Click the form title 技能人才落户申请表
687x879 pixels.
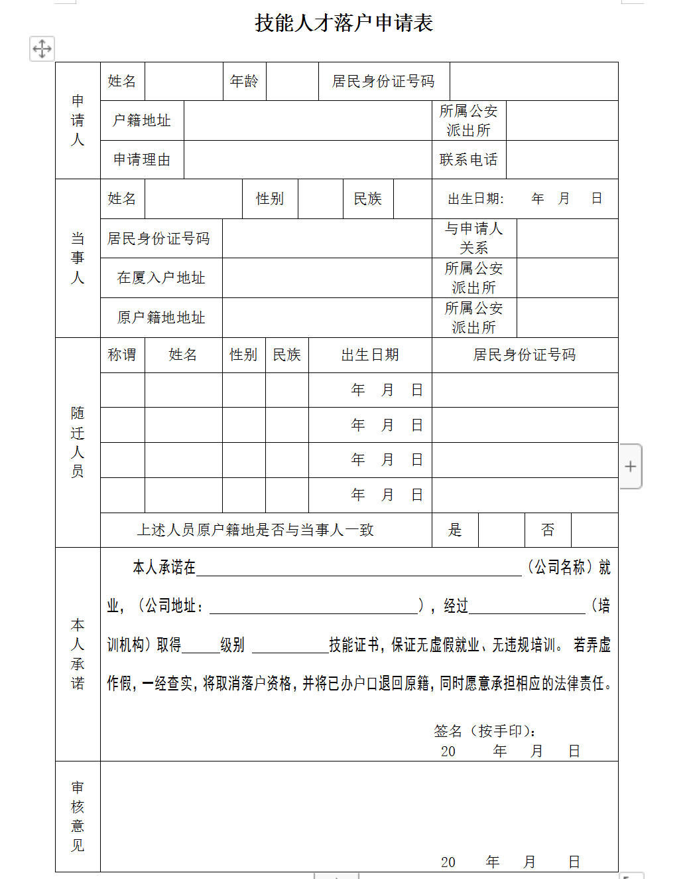[343, 23]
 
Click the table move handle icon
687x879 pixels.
[42, 48]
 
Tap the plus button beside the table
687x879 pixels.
[631, 467]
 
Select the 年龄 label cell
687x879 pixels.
[244, 82]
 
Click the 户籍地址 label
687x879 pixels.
[142, 121]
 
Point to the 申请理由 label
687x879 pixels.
[142, 160]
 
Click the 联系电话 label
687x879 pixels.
[468, 160]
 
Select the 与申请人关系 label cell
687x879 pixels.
[474, 238]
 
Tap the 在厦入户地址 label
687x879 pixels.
[161, 278]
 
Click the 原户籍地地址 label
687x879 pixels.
[161, 318]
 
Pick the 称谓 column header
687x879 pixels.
[122, 355]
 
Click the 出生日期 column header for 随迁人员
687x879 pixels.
[370, 355]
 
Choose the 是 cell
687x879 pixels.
[455, 530]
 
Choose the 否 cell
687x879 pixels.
[548, 530]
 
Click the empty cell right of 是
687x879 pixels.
[501, 530]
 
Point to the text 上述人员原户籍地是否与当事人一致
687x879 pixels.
[255, 530]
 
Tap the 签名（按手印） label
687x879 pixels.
[485, 732]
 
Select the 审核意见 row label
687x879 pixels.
[78, 817]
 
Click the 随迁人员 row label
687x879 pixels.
[78, 443]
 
